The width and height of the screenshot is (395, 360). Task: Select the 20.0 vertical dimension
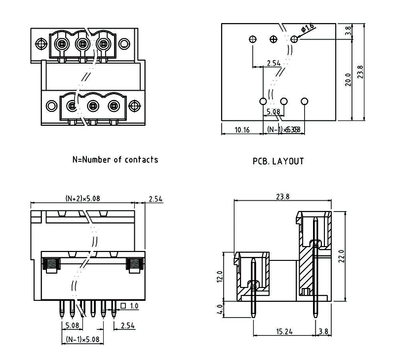pos(348,79)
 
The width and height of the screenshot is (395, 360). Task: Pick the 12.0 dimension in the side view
pos(220,276)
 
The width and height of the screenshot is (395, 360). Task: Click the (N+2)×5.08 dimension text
pos(84,198)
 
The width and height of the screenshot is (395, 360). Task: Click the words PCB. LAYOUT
pos(278,161)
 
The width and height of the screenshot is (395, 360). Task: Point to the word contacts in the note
pos(141,160)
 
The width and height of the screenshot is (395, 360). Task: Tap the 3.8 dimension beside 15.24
pos(324,331)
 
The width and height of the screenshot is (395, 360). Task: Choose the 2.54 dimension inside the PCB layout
pos(273,63)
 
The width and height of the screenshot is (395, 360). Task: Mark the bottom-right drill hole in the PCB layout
pos(304,101)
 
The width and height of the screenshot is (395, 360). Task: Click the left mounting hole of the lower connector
pos(51,106)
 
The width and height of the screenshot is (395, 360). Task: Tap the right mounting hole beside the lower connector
pos(133,106)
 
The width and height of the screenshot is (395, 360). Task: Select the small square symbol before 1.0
pos(122,306)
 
